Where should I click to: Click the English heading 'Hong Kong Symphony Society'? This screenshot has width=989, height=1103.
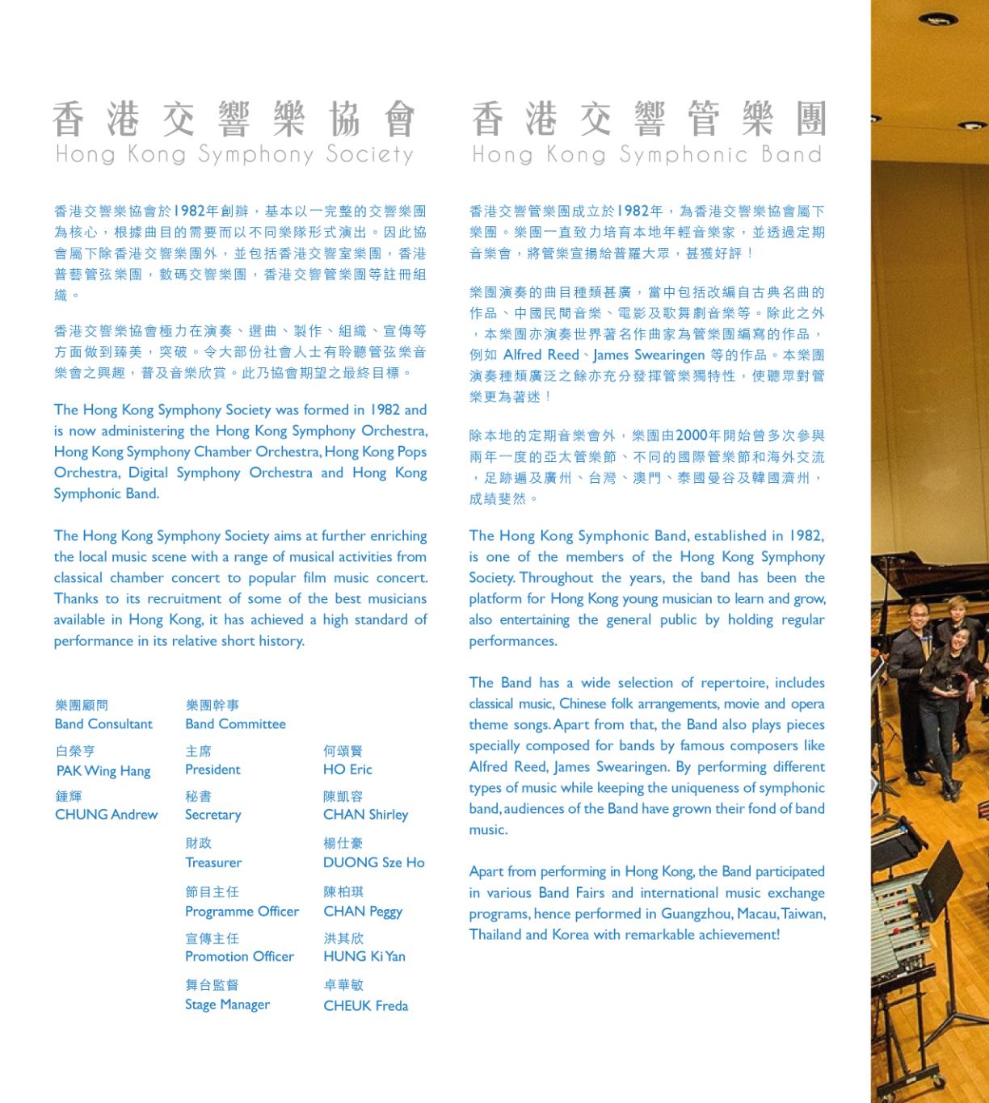pos(234,153)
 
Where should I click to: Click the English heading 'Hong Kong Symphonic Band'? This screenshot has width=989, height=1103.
pos(646,153)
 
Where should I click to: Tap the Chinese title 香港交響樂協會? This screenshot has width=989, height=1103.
pos(234,120)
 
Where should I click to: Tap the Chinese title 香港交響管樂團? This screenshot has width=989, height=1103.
pos(648,120)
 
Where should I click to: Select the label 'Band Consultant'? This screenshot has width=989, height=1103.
pos(103,724)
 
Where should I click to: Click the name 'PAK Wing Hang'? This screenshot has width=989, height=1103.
pos(103,771)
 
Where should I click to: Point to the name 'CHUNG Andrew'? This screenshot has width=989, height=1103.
pos(106,815)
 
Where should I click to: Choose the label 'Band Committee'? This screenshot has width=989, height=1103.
pos(235,724)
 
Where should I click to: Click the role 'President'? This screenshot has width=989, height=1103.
pos(213,770)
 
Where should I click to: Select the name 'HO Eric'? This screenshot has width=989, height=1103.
pos(347,770)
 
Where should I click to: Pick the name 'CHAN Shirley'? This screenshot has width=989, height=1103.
pos(365,815)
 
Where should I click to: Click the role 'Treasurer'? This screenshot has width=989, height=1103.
pos(213,862)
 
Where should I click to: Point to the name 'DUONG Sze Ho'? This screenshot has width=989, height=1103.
pos(373,862)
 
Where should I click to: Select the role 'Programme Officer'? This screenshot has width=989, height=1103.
pos(242,912)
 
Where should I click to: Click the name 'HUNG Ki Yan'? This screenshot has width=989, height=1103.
pos(364,957)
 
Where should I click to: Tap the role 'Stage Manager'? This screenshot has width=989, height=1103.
pos(227,1005)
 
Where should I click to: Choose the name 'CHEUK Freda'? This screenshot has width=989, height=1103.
pos(365,1006)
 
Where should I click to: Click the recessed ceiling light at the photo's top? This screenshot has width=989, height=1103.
pos(937,19)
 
